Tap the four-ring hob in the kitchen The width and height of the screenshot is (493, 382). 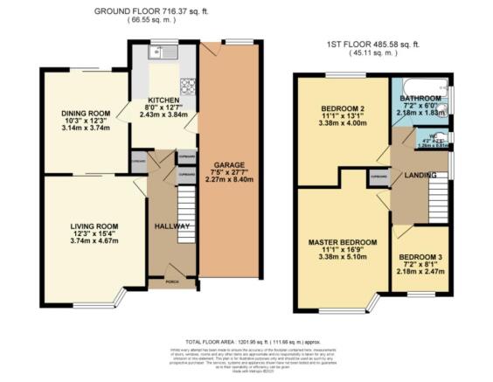pyautogui.click(x=186, y=87)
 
